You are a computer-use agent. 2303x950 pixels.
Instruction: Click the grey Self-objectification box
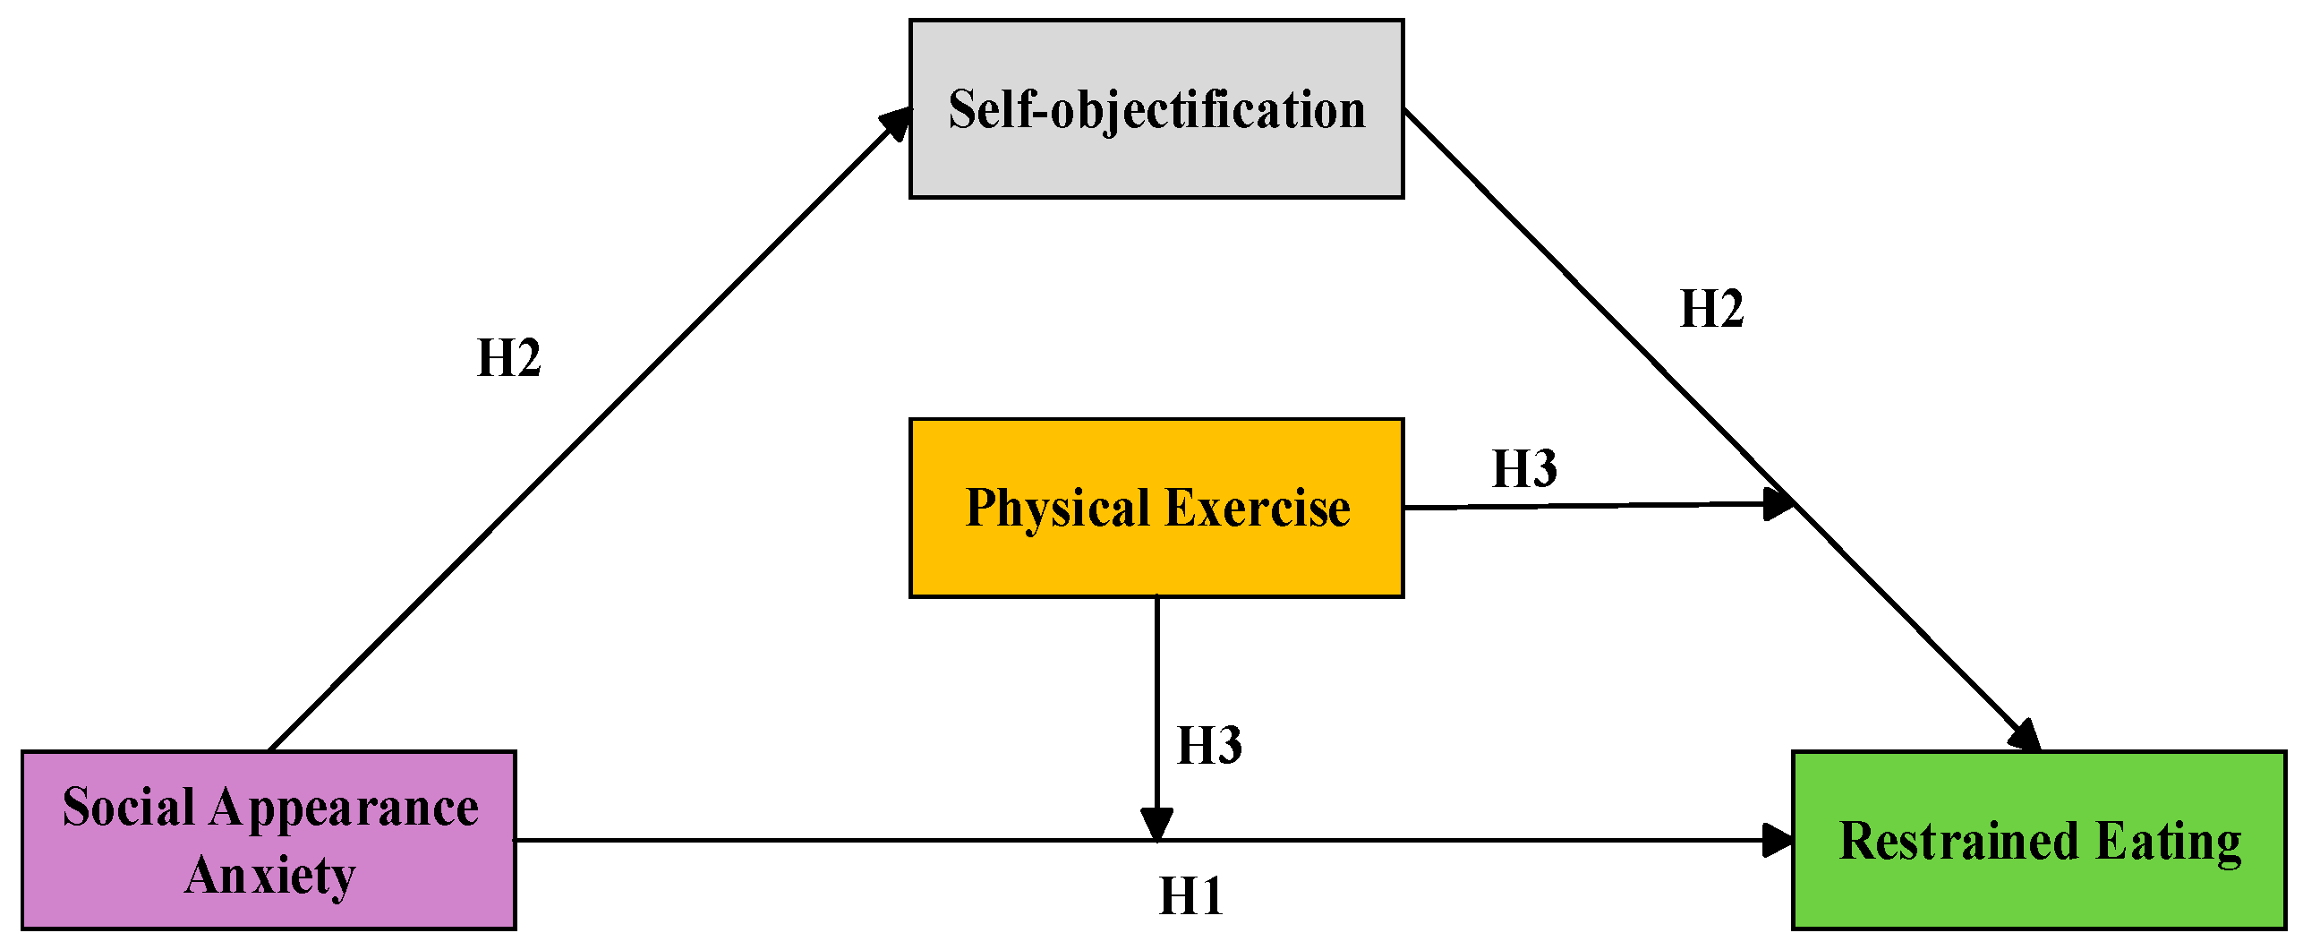1156,108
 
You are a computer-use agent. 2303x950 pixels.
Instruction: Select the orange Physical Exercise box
1156,508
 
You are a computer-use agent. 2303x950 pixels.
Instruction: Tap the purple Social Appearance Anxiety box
269,840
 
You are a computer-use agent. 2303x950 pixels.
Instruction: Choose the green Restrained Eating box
2038,840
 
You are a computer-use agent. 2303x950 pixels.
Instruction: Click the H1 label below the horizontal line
1190,896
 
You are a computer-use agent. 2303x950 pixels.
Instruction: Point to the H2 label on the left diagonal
508,358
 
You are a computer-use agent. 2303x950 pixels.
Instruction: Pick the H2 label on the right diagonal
1711,309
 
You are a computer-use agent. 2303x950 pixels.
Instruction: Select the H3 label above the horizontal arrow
1524,468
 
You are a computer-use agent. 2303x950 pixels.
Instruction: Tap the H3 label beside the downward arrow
1209,745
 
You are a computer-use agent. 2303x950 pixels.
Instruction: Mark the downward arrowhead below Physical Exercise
1156,822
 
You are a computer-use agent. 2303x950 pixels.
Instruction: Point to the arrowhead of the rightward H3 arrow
1778,503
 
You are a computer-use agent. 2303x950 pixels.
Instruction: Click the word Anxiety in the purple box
269,875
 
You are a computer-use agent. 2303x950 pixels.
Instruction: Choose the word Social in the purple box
128,807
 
